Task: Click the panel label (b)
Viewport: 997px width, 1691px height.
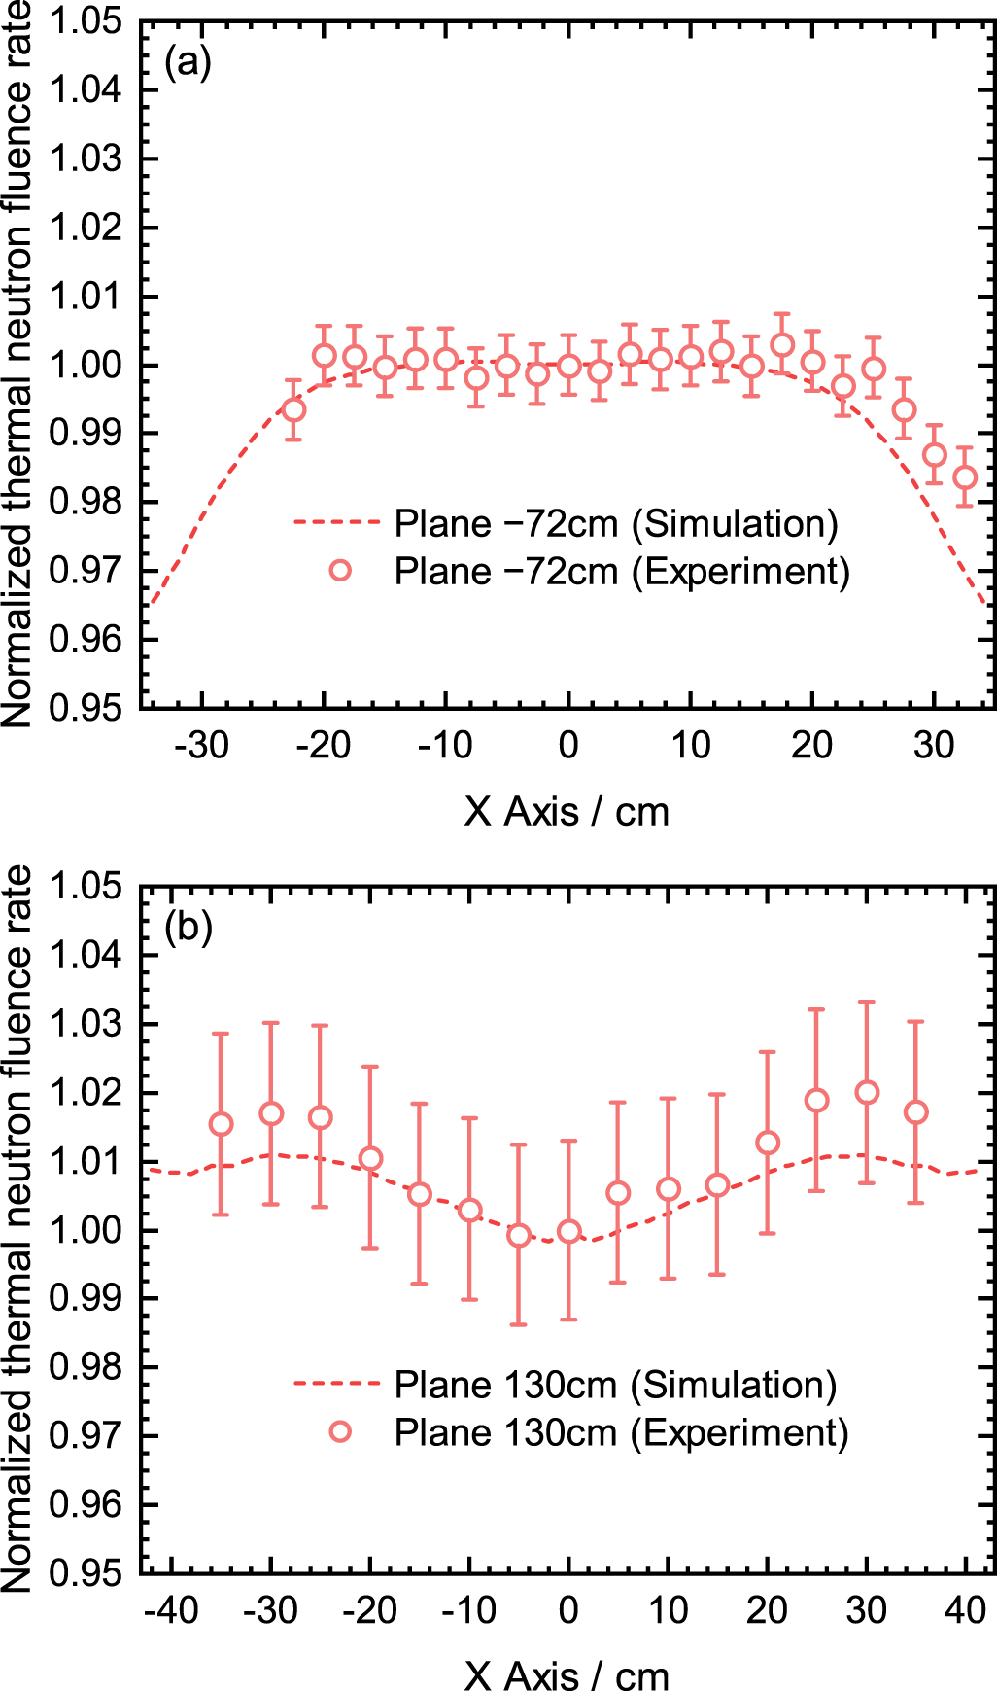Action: pyautogui.click(x=188, y=927)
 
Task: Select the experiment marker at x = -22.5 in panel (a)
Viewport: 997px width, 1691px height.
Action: pyautogui.click(x=293, y=410)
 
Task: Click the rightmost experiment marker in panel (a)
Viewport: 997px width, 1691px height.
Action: pyautogui.click(x=965, y=477)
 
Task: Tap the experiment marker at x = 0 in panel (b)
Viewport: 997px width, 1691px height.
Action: pyautogui.click(x=568, y=1232)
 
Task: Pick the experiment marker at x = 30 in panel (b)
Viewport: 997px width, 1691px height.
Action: pyautogui.click(x=867, y=1093)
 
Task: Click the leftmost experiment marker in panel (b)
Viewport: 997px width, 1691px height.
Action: pyautogui.click(x=222, y=1125)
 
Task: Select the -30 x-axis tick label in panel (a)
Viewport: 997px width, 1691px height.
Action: pyautogui.click(x=201, y=746)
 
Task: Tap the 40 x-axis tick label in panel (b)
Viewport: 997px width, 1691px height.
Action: pyautogui.click(x=965, y=1610)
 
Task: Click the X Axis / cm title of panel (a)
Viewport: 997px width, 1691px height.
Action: pyautogui.click(x=567, y=812)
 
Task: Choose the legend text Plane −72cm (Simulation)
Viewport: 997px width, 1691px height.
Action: pyautogui.click(x=616, y=523)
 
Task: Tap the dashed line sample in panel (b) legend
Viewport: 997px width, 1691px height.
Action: pyautogui.click(x=336, y=1385)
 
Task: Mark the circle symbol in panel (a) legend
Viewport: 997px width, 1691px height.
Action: pyautogui.click(x=340, y=571)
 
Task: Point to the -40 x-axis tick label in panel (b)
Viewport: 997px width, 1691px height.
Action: pyautogui.click(x=171, y=1610)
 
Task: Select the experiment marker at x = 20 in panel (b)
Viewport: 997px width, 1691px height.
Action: pyautogui.click(x=768, y=1143)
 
